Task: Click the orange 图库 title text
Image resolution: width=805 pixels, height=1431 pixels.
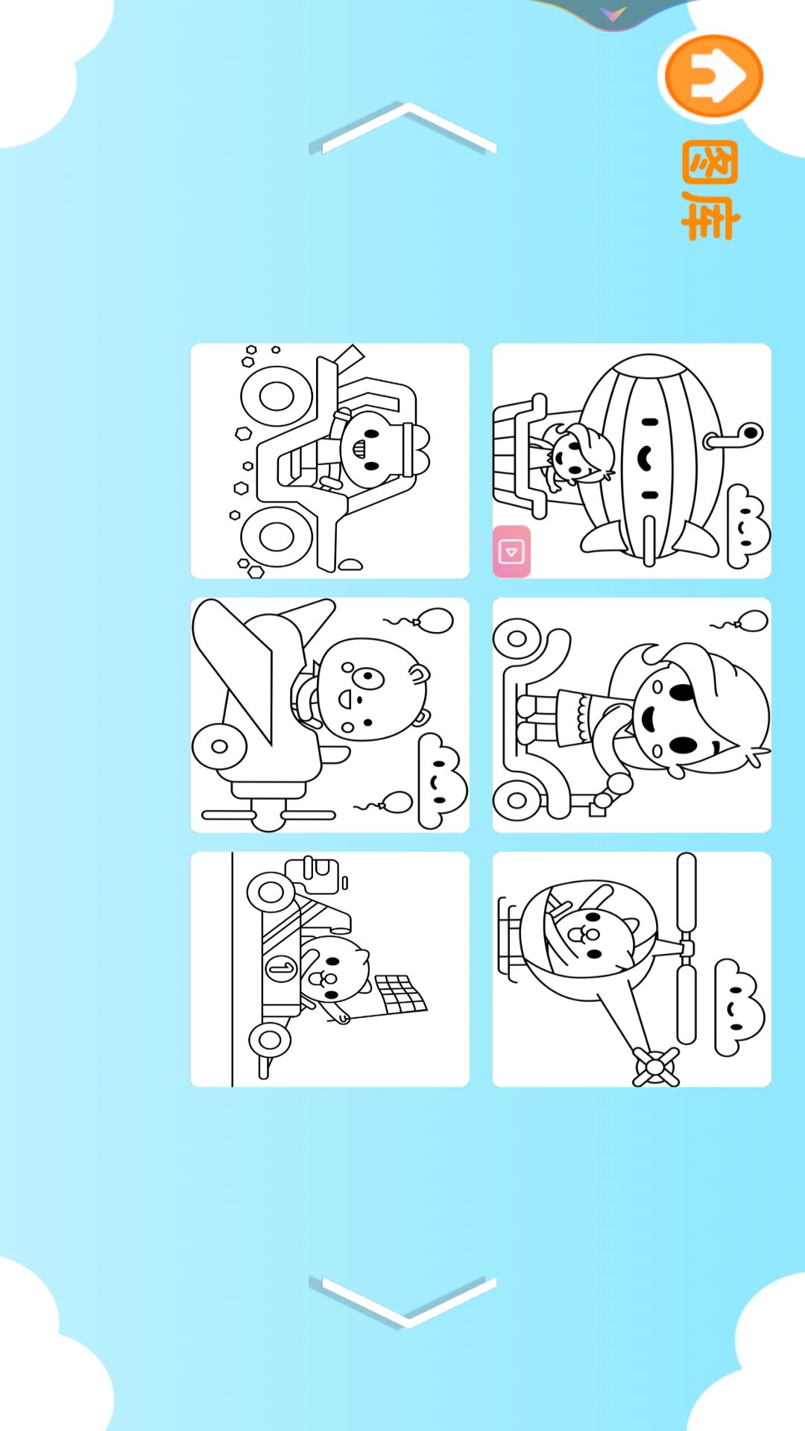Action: [x=710, y=190]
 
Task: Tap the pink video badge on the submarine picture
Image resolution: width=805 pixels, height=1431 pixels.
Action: [x=511, y=552]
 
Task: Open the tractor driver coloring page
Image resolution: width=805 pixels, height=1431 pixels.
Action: [x=330, y=461]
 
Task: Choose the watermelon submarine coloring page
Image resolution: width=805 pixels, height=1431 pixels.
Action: [x=632, y=461]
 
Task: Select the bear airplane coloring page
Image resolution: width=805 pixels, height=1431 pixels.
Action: [x=330, y=715]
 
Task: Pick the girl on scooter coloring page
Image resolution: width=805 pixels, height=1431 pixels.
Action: [x=632, y=715]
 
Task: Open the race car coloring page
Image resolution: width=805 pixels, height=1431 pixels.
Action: [x=330, y=969]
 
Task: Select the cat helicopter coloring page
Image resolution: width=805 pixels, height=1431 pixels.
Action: [x=632, y=969]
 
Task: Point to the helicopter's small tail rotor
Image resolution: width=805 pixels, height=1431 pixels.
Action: [x=656, y=1067]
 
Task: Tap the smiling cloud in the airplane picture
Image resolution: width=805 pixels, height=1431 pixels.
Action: [x=442, y=781]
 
